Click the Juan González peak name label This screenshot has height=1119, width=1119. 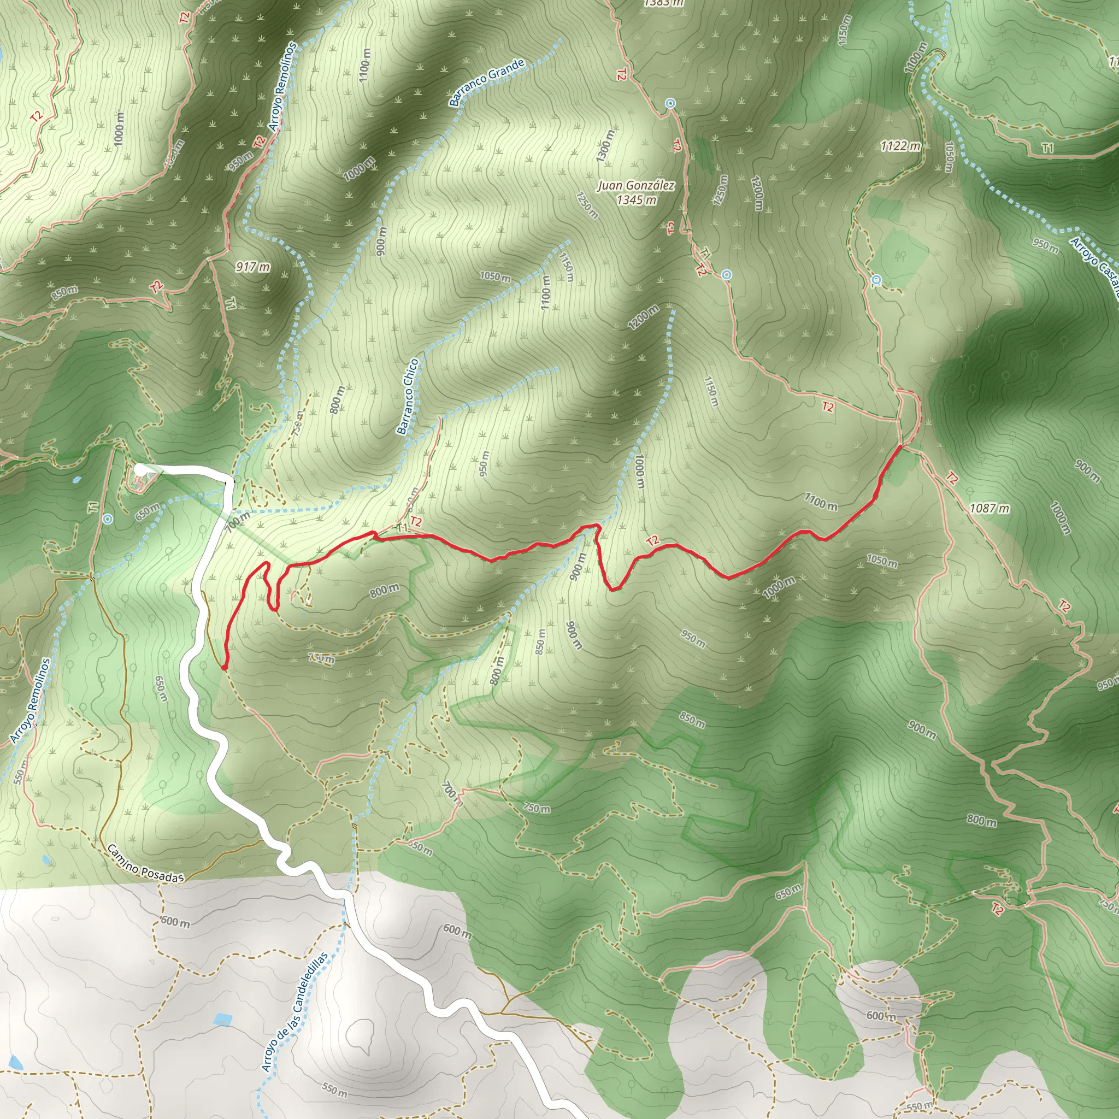point(636,186)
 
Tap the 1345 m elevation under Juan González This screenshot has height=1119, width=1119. point(636,201)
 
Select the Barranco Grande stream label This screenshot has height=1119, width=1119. point(487,83)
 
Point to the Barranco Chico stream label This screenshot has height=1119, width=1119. point(408,397)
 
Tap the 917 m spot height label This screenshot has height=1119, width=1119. point(252,267)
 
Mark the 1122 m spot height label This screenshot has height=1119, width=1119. point(900,146)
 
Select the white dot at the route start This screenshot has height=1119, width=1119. point(139,469)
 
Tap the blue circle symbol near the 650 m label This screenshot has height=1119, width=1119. point(108,519)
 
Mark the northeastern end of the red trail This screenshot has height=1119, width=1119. point(901,446)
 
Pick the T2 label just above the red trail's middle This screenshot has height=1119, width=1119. point(652,541)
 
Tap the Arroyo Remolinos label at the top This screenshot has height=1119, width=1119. point(282,86)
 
